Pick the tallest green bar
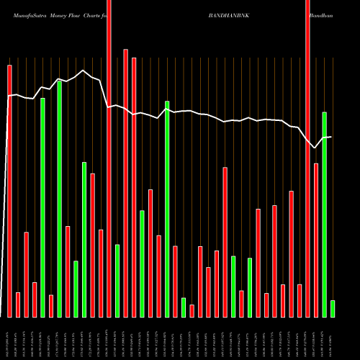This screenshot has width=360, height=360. [x=59, y=199]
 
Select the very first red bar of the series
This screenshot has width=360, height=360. [x=9, y=191]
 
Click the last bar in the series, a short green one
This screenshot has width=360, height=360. [x=333, y=309]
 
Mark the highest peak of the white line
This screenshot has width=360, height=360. [x=84, y=70]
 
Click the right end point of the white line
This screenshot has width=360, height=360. [x=331, y=137]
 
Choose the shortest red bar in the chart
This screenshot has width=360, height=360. [x=192, y=311]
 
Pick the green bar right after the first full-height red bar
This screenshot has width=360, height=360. [x=117, y=281]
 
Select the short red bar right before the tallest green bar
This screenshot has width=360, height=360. [x=51, y=306]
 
